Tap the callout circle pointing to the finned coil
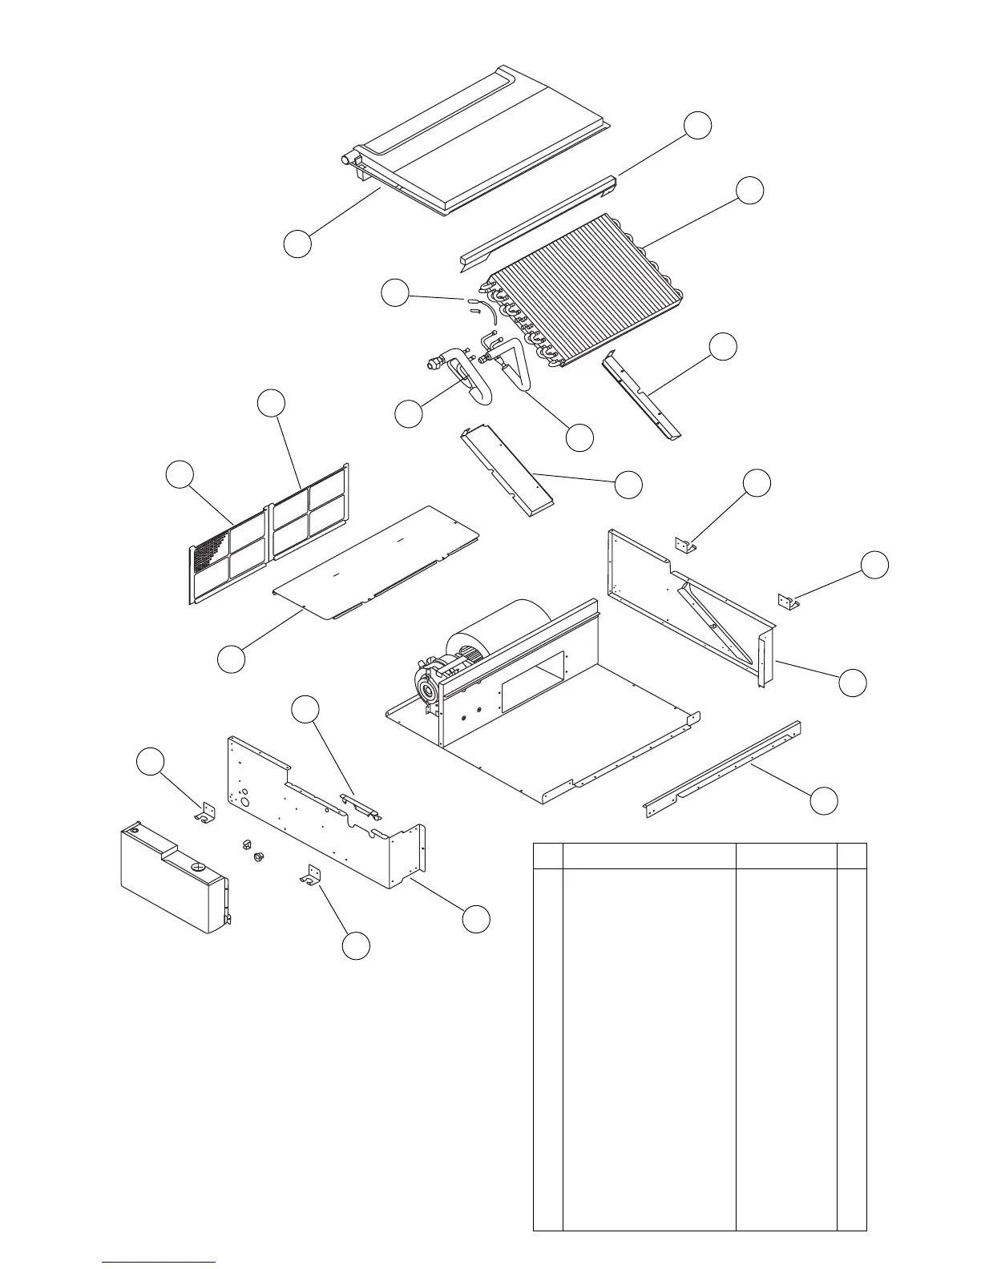750,190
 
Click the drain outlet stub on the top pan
348,159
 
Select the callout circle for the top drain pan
297,244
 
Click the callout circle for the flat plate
232,659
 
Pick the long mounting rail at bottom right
721,769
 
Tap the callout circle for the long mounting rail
824,800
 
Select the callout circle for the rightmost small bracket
875,564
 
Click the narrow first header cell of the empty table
547,855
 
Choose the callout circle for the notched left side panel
477,918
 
